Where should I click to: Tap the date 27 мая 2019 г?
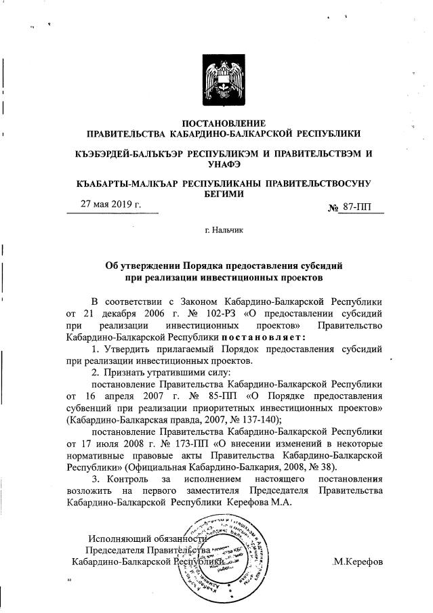110,204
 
